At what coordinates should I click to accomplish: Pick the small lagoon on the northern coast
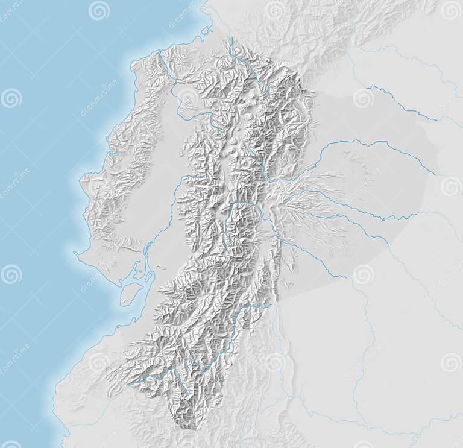206,30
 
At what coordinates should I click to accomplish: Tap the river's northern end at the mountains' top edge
231,39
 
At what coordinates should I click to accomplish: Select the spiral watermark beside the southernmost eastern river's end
363,274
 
